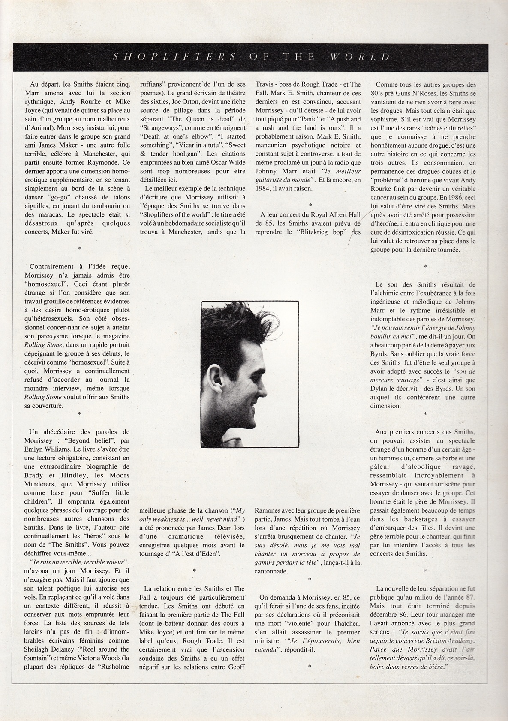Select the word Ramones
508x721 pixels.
coord(268,511)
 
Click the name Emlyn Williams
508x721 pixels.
coord(44,449)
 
